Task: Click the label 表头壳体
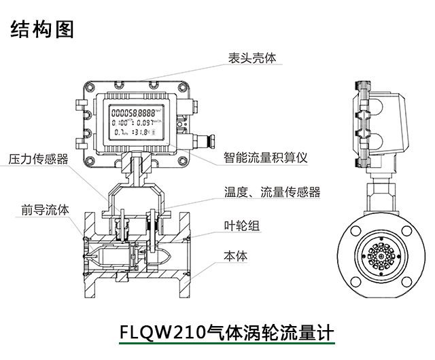point(252,59)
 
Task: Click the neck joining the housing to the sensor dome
point(137,167)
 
